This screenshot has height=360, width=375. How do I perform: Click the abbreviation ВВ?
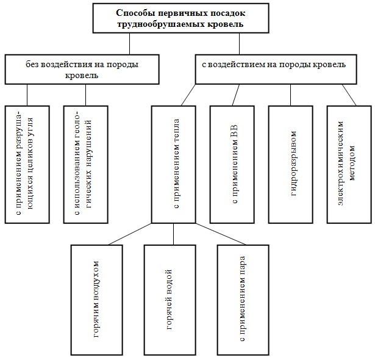pyautogui.click(x=234, y=131)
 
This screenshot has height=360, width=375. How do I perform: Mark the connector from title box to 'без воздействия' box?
pyautogui.click(x=130, y=43)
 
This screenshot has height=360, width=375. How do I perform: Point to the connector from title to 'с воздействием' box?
pyautogui.click(x=239, y=43)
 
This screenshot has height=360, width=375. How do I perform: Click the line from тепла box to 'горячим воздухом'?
pyautogui.click(x=130, y=234)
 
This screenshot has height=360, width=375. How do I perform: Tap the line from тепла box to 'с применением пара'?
pyautogui.click(x=221, y=234)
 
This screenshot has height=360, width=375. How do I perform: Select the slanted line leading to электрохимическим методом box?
pyautogui.click(x=349, y=95)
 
